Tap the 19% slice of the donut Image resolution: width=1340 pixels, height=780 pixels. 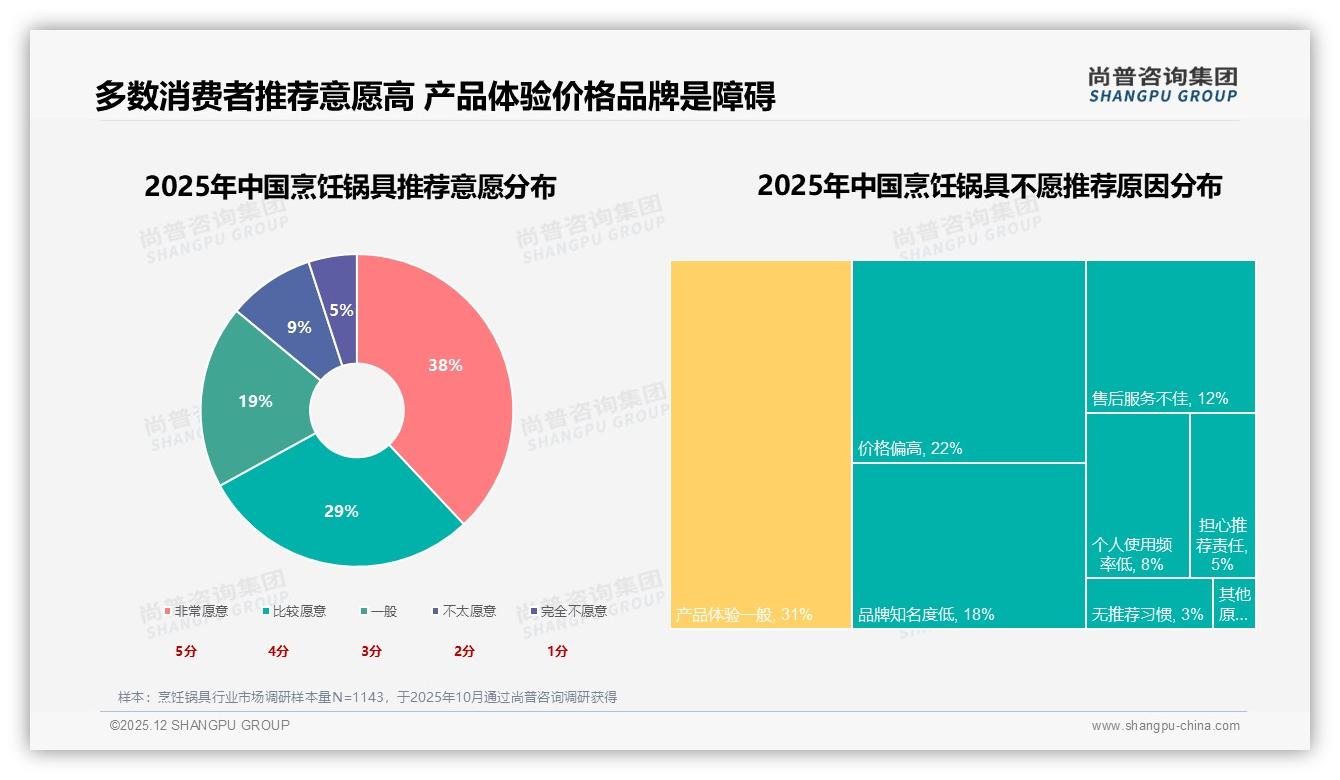[x=255, y=401]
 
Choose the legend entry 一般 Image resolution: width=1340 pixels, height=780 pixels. [x=383, y=611]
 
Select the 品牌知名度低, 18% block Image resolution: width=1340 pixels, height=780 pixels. [x=968, y=545]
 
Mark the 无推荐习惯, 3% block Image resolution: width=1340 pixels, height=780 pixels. [x=1148, y=604]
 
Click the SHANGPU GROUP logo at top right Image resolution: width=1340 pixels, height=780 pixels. [x=1162, y=85]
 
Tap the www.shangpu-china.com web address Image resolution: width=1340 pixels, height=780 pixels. [x=1165, y=726]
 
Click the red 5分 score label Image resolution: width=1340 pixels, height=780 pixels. [x=186, y=651]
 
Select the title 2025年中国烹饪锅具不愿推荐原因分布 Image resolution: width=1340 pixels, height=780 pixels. [x=989, y=186]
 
